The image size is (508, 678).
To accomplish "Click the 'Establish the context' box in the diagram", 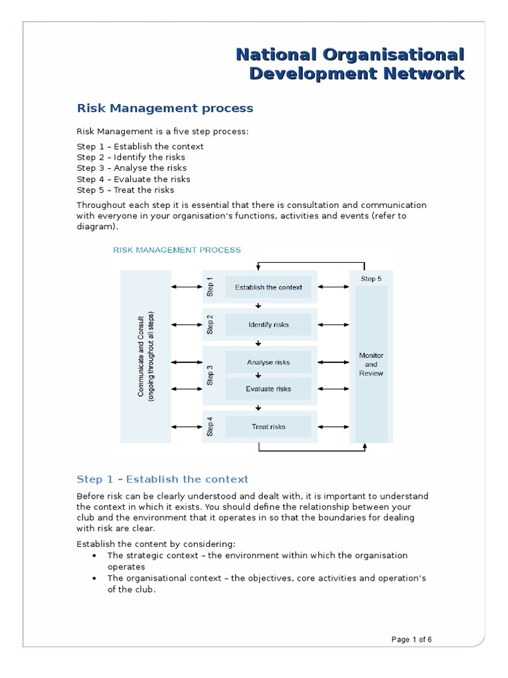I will click(269, 287).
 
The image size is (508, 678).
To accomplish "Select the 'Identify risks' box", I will click(269, 325).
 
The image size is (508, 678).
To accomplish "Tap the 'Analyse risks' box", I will click(269, 362).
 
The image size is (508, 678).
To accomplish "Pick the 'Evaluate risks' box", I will click(269, 389).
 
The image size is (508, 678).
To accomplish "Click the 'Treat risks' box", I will click(269, 426).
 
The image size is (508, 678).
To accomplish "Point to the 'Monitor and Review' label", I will click(371, 364).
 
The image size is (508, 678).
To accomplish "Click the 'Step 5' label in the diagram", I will click(371, 279).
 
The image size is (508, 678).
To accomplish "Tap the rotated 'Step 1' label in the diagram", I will click(210, 287).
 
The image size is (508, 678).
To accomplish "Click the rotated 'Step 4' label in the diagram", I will click(210, 426).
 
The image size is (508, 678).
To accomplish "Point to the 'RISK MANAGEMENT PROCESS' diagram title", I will click(177, 250).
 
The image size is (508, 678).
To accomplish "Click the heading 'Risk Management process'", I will click(165, 107).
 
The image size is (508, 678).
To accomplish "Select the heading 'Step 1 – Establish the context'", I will click(163, 479).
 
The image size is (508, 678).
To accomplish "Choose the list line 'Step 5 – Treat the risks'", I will click(125, 190).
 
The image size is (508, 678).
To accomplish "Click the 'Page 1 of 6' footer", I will click(411, 640).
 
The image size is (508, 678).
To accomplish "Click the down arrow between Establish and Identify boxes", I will click(259, 306).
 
